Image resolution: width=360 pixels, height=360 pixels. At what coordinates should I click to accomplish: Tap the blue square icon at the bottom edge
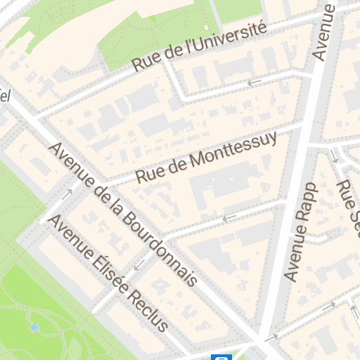point(221,357)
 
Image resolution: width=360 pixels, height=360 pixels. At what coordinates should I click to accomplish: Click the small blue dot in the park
point(34,327)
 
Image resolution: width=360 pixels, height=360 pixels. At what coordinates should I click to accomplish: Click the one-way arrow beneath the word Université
point(255,83)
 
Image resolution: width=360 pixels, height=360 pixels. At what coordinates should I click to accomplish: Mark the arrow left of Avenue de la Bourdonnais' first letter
point(69,193)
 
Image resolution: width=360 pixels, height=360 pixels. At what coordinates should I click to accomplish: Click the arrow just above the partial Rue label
point(335,157)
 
